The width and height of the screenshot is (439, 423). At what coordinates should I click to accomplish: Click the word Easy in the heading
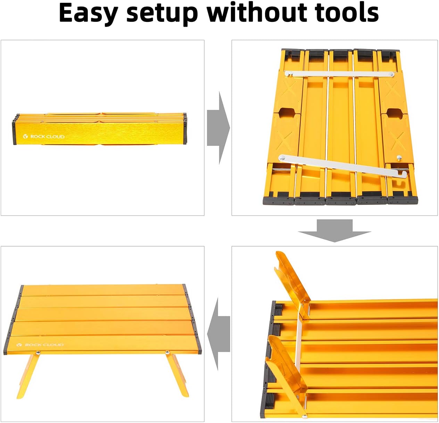coord(88,13)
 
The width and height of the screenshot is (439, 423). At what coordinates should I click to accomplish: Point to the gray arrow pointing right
coord(218,128)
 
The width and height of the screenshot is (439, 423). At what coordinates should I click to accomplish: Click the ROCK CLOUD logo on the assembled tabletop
coord(40,345)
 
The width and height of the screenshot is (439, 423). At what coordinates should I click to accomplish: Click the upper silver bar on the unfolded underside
coord(339,74)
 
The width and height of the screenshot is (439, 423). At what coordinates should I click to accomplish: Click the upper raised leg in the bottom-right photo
coord(292,281)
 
